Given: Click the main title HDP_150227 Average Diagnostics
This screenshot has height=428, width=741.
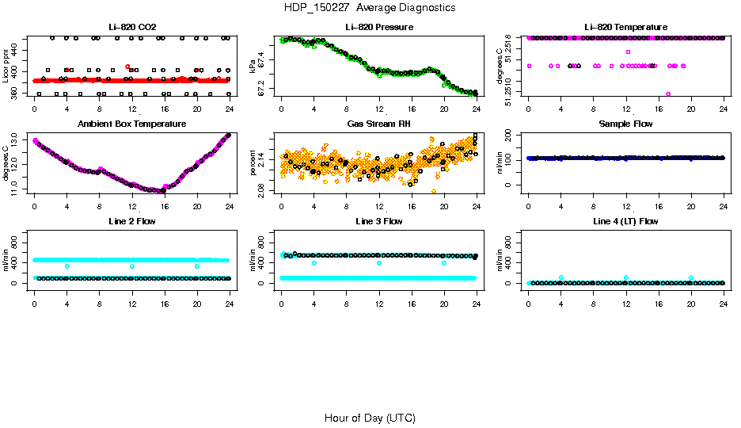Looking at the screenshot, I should (x=370, y=7).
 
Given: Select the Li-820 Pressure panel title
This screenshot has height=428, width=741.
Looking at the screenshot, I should (x=379, y=28).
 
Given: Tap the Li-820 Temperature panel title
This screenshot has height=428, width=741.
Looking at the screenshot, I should (x=625, y=28).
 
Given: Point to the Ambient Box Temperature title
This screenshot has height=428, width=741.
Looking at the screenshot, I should (x=131, y=124).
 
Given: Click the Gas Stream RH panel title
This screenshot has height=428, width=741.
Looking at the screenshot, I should (x=379, y=124).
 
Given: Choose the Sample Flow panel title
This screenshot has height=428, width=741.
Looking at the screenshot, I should (x=625, y=124).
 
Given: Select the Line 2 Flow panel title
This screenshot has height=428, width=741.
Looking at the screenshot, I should (x=131, y=221).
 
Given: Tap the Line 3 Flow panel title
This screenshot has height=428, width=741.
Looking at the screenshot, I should (x=379, y=221).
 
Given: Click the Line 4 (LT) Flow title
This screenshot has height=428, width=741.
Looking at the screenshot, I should (x=625, y=221).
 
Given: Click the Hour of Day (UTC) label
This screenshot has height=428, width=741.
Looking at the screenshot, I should (x=370, y=418).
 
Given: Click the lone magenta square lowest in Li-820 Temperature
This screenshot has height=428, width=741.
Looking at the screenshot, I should (x=668, y=94).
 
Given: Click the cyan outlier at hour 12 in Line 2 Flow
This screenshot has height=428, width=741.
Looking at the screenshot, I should (x=131, y=266).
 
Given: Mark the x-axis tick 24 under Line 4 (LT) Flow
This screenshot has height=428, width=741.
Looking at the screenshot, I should (x=724, y=293).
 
